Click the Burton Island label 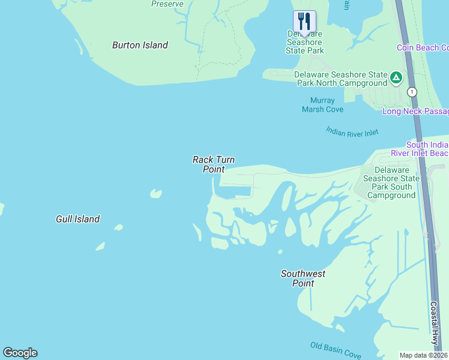pyautogui.click(x=140, y=45)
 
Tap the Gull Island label pyautogui.click(x=77, y=219)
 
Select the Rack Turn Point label pyautogui.click(x=213, y=164)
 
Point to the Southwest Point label pyautogui.click(x=303, y=278)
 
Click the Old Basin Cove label pyautogui.click(x=336, y=350)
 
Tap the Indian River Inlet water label pyautogui.click(x=352, y=132)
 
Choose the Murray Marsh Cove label pyautogui.click(x=322, y=105)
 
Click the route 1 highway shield pyautogui.click(x=412, y=92)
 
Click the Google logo pyautogui.click(x=20, y=353)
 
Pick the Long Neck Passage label pyautogui.click(x=415, y=112)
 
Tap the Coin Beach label pyautogui.click(x=423, y=47)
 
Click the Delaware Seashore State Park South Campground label pyautogui.click(x=391, y=182)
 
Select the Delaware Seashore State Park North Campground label pyautogui.click(x=340, y=79)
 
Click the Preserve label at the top pyautogui.click(x=167, y=4)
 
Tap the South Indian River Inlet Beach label pyautogui.click(x=426, y=149)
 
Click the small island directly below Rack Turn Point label pyautogui.click(x=156, y=194)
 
